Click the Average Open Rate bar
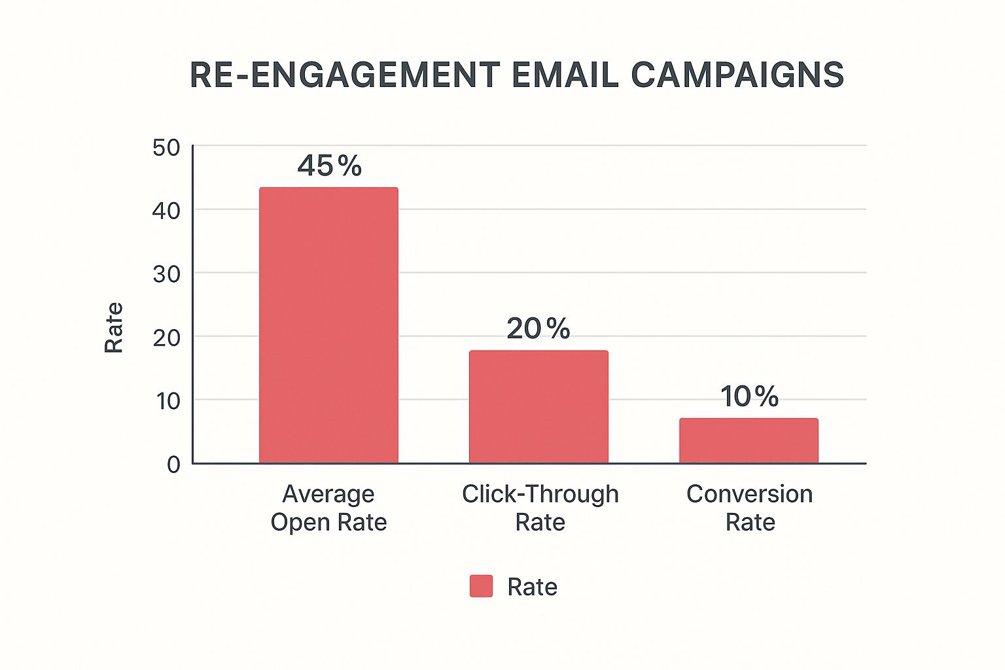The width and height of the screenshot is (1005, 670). click(328, 325)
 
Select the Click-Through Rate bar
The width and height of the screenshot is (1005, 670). click(538, 406)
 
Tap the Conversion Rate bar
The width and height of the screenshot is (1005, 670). click(749, 440)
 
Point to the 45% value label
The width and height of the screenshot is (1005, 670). click(329, 166)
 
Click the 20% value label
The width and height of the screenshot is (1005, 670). click(538, 328)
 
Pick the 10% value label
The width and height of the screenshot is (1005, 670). click(749, 397)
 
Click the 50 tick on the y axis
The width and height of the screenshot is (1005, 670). click(166, 147)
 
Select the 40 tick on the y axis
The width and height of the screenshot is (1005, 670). click(166, 211)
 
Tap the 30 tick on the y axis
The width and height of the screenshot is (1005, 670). click(166, 274)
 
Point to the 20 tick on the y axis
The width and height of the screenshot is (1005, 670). click(166, 338)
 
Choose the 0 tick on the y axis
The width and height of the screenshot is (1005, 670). click(173, 465)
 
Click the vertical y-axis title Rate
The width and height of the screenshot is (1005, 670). click(114, 327)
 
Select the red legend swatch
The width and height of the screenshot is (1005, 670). click(481, 586)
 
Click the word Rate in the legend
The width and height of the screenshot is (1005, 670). click(532, 587)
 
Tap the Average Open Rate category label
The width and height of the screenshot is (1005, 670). click(328, 508)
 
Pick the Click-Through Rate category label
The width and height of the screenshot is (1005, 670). click(540, 508)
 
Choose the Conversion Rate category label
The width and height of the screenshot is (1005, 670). click(750, 508)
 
